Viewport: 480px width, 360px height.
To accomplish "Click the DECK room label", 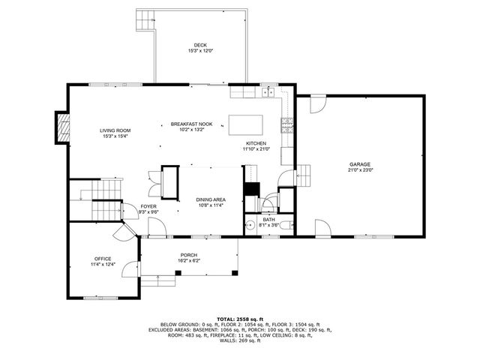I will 200,45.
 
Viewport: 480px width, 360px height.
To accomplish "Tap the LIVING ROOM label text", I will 115,131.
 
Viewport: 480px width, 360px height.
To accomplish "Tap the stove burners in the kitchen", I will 286,125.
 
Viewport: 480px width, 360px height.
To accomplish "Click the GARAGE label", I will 359,164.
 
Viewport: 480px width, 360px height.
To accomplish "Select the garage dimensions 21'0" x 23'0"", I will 359,170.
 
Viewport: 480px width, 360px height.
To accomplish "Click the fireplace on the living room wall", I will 62,127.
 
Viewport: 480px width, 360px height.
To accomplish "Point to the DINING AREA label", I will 211,199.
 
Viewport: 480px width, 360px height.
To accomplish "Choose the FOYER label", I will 148,206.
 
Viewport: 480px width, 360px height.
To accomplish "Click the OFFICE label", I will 102,259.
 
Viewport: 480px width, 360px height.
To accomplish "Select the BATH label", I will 269,219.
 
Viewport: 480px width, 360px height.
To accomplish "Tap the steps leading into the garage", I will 304,172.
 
